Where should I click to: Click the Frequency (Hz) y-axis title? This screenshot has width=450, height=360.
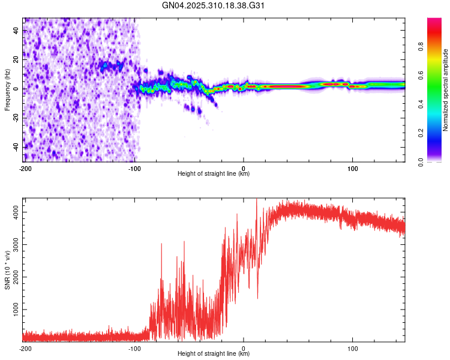click(7, 90)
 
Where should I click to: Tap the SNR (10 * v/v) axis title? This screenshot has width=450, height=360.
click(7, 270)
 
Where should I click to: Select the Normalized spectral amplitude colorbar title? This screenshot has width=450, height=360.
click(446, 90)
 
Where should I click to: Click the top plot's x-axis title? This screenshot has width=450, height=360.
click(214, 174)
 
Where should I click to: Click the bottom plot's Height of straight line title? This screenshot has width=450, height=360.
click(214, 354)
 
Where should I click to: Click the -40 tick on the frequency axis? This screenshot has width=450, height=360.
click(15, 147)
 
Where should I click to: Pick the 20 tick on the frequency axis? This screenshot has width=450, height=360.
click(16, 59)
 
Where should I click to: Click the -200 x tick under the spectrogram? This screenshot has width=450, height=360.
click(25, 168)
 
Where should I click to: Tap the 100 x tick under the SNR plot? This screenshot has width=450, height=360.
click(353, 348)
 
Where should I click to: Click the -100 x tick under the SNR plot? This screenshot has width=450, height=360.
click(134, 348)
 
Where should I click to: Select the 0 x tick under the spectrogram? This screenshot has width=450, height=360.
click(244, 168)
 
